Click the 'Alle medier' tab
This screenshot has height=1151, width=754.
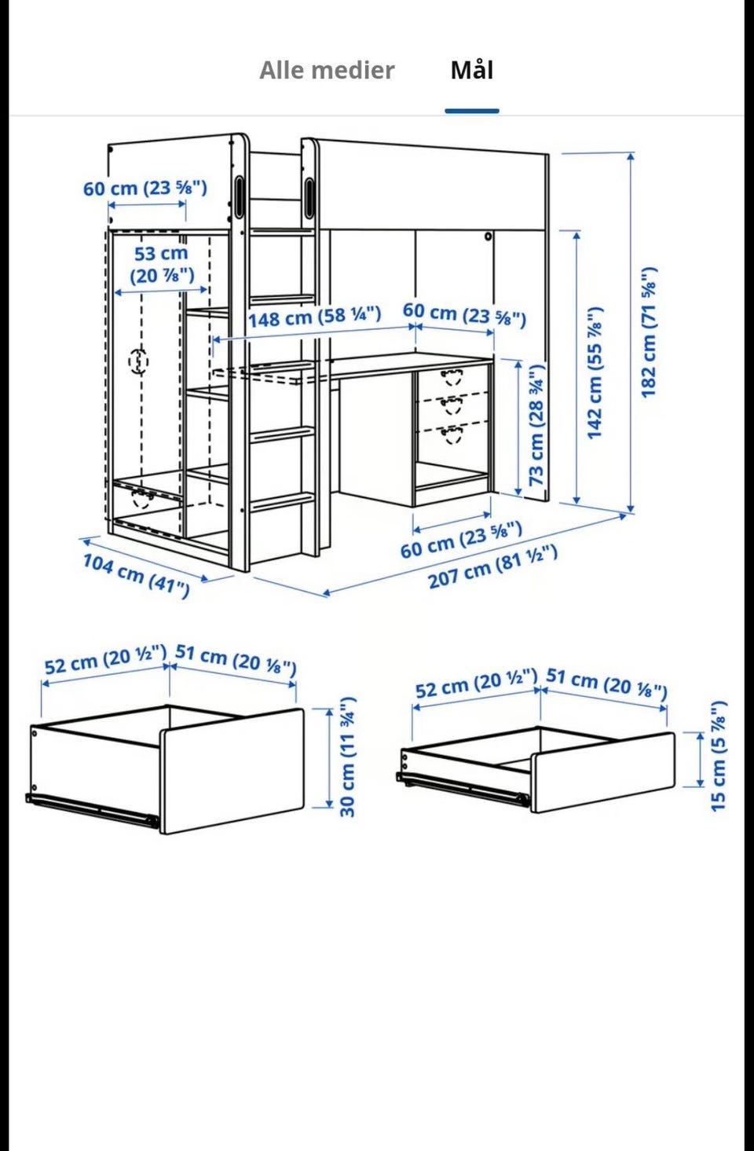[x=328, y=70]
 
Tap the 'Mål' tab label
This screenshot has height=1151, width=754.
[x=472, y=71]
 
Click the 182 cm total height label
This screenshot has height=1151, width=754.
[x=650, y=332]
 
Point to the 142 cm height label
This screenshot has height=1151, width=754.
[x=595, y=373]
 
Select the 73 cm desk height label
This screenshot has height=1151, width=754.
[x=536, y=425]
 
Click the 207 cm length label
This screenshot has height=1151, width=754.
[x=492, y=566]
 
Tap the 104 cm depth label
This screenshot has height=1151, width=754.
[x=136, y=575]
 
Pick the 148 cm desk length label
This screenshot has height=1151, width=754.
[x=315, y=317]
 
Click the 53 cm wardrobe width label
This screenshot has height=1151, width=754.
[x=161, y=265]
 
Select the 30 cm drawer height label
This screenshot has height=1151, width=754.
[x=348, y=757]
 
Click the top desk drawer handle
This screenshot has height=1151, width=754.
[x=452, y=376]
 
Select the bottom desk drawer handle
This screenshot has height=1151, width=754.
[x=452, y=434]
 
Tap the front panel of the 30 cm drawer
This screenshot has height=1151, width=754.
[x=232, y=771]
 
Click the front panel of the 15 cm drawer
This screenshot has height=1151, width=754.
[x=602, y=773]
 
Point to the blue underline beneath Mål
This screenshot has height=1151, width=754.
[x=472, y=111]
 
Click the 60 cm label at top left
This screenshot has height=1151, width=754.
[x=145, y=188]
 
